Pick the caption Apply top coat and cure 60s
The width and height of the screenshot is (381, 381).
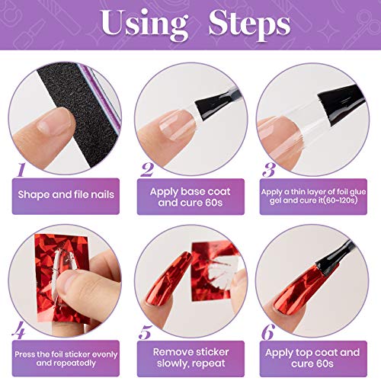coord(313,360)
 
